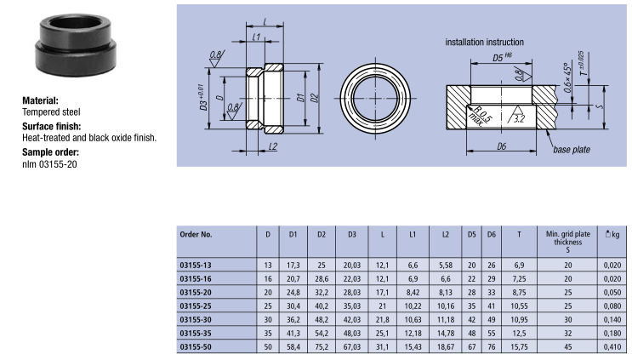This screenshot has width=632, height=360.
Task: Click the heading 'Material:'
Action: pos(40,100)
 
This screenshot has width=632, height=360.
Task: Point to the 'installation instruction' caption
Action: pos(485,42)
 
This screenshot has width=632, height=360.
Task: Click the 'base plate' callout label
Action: pos(571,150)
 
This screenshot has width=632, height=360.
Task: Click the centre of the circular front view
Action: pos(375,98)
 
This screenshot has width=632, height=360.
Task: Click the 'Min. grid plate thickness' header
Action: pos(567,237)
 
